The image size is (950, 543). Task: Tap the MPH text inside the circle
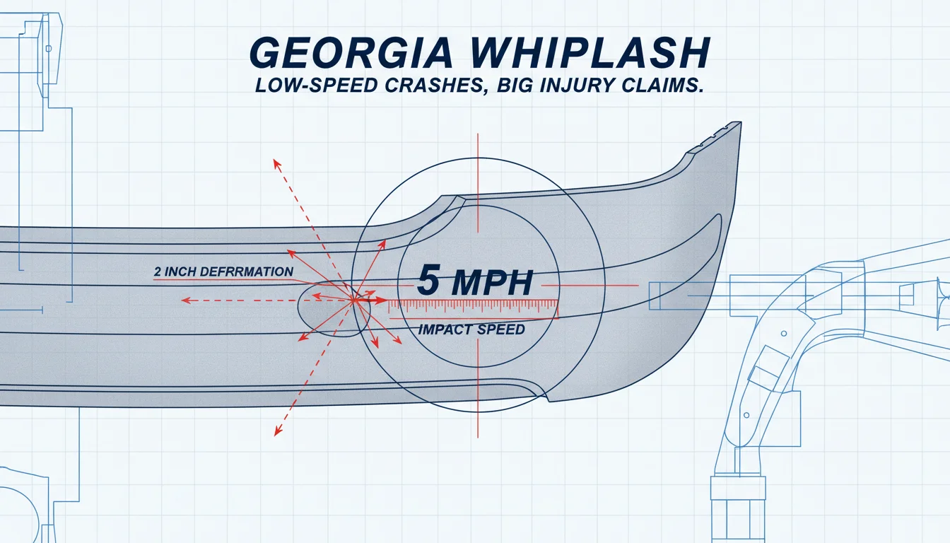[x=492, y=283]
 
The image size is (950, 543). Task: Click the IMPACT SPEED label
[x=471, y=329]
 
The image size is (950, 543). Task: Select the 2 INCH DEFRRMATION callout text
[x=223, y=271]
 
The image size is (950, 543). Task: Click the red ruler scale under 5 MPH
[x=474, y=309]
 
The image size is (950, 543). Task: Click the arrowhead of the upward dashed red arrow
[x=276, y=164]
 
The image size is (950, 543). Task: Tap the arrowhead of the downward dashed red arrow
[x=278, y=431]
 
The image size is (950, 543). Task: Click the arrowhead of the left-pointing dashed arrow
[x=186, y=300]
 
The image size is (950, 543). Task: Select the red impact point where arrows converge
[x=353, y=300]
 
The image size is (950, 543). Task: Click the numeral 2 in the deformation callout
[x=158, y=272]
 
